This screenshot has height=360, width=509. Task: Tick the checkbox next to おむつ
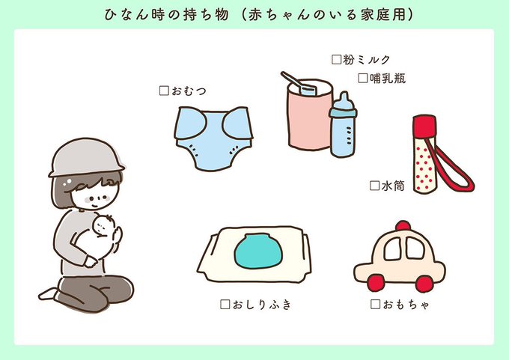click(x=165, y=91)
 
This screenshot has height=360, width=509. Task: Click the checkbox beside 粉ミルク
click(x=336, y=58)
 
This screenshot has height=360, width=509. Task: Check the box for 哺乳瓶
click(x=364, y=77)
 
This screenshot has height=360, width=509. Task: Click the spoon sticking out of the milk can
click(x=296, y=80)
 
